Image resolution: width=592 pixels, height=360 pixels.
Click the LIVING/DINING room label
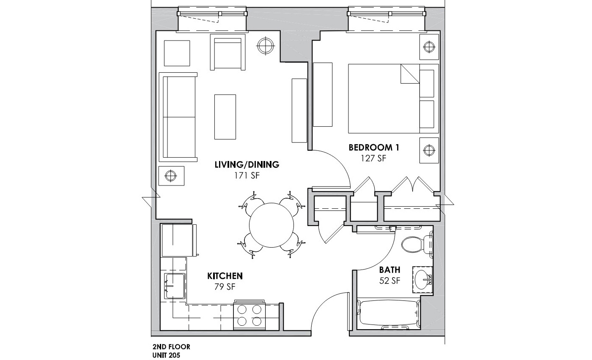(x=247, y=165)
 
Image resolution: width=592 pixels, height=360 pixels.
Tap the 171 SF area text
(x=247, y=176)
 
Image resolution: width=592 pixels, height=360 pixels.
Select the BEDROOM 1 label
(x=374, y=147)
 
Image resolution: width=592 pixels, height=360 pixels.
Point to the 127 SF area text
(x=374, y=158)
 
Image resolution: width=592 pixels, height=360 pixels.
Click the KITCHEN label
(x=225, y=276)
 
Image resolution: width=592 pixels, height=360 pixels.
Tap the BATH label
(x=389, y=270)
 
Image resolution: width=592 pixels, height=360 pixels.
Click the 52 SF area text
(x=390, y=281)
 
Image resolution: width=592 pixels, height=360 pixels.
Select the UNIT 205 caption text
(x=166, y=355)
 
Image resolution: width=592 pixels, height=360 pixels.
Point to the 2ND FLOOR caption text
(x=171, y=347)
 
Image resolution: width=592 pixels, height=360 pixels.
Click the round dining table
(x=272, y=224)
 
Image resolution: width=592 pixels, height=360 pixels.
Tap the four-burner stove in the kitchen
(x=249, y=315)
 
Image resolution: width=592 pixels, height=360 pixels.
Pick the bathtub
(x=388, y=314)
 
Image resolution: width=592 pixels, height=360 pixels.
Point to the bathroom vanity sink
(x=422, y=279)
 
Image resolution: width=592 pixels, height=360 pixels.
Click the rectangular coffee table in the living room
(x=225, y=117)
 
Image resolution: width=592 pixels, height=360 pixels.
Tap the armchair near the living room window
(x=227, y=53)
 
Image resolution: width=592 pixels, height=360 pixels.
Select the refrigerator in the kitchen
(x=178, y=240)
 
